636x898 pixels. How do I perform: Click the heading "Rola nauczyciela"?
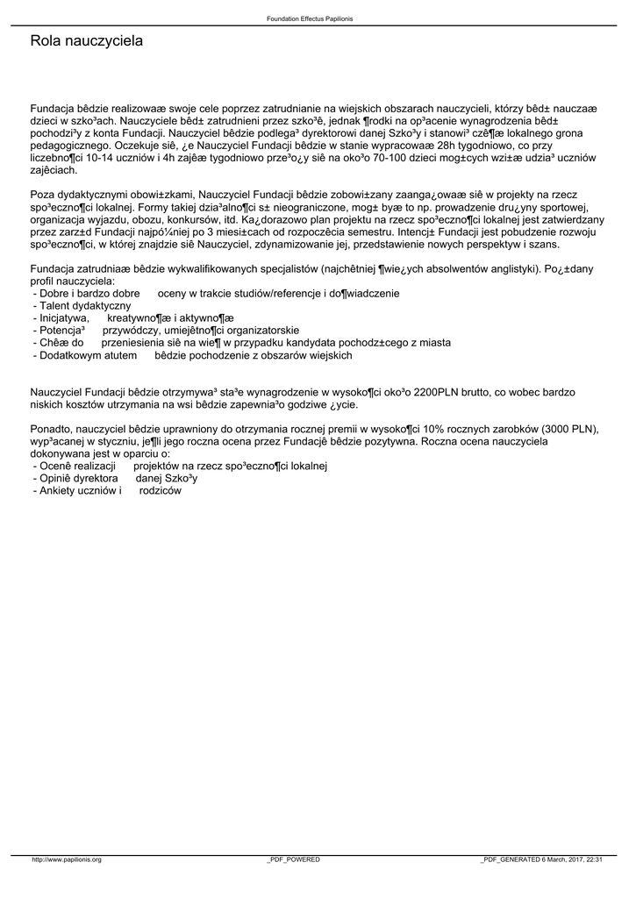[86, 41]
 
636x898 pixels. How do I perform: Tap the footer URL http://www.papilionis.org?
[67, 860]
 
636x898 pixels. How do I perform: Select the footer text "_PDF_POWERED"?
[293, 860]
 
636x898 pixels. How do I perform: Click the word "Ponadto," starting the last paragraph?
[52, 429]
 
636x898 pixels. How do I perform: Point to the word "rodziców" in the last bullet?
[161, 491]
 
